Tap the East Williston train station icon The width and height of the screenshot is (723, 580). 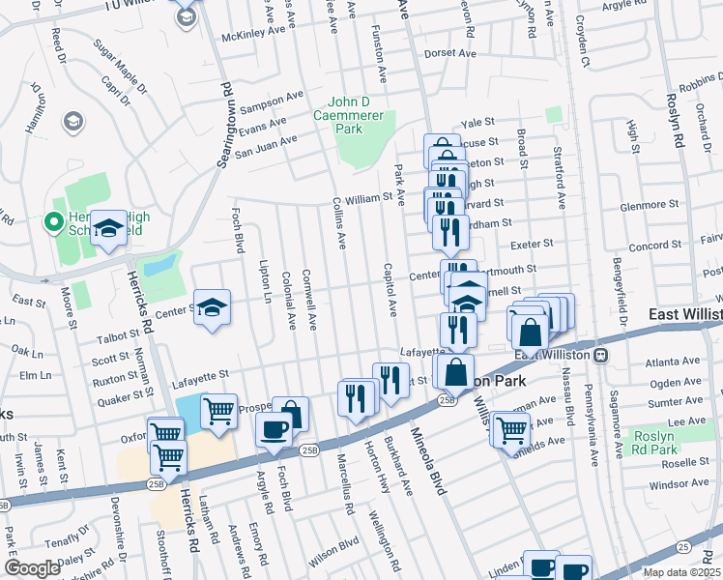600,355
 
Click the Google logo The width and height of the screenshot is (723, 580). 32,568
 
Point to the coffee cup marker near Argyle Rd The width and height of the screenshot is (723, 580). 274,428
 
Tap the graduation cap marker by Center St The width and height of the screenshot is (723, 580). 212,308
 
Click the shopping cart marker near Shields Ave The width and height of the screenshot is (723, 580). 509,429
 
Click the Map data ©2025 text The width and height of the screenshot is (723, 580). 680,572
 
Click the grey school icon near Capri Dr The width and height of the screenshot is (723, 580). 72,121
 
